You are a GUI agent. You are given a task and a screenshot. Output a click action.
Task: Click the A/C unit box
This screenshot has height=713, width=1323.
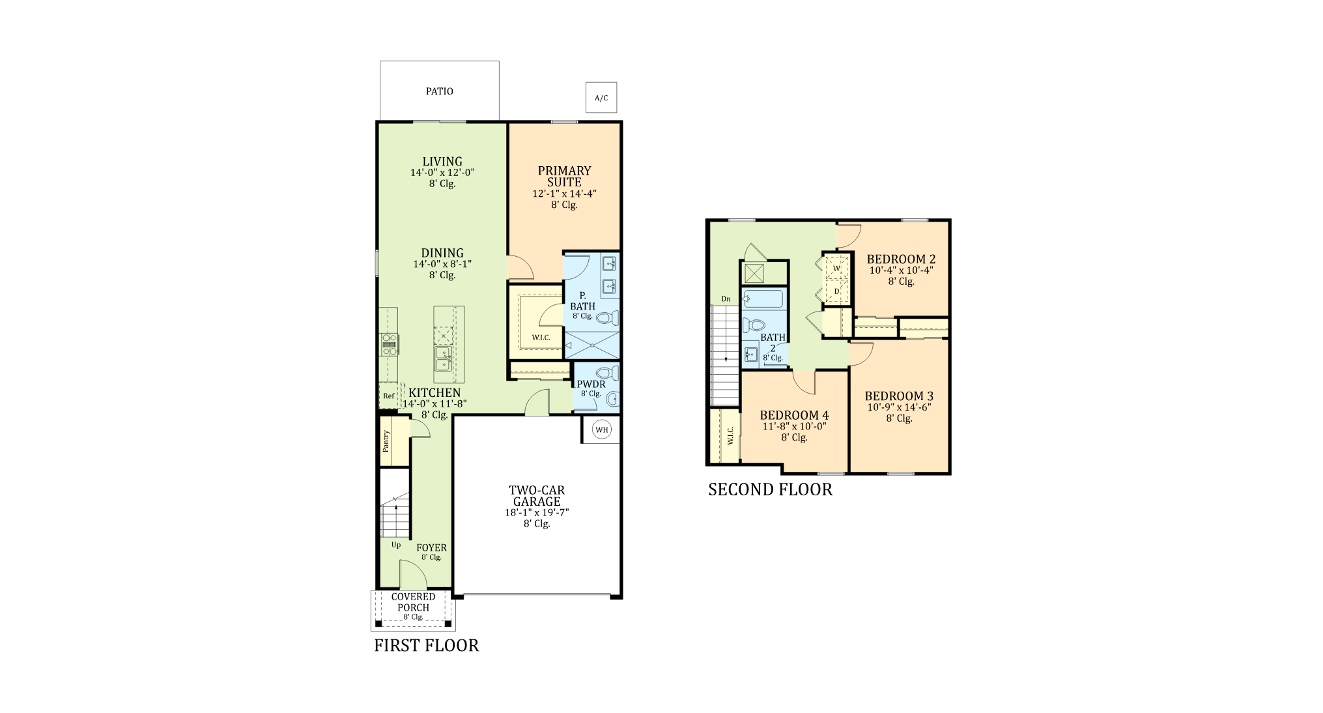coord(601,98)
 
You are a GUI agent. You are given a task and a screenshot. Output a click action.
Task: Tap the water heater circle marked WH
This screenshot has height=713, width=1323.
coord(601,429)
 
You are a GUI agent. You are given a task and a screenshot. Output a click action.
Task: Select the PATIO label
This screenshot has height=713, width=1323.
coord(440,91)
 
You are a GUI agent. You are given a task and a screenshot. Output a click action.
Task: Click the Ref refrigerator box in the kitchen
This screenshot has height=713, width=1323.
coord(389,396)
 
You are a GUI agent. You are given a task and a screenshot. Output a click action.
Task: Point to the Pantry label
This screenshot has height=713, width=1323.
coord(386,441)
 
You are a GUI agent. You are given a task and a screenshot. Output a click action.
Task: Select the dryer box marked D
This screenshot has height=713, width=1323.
coord(837,291)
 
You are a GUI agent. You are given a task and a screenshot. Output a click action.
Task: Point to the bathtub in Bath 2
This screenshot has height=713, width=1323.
coord(763,299)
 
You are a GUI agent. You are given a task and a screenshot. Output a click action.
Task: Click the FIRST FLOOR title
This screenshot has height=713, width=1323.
coord(426,646)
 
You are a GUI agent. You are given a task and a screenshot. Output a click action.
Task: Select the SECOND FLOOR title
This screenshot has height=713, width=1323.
coord(770,489)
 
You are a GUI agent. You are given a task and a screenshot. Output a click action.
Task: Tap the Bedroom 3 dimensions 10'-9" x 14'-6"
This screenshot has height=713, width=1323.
coord(899,407)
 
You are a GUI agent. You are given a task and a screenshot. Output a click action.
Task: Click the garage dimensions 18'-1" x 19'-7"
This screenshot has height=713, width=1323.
coord(537,513)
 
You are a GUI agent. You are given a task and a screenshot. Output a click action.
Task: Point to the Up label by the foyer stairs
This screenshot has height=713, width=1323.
coord(396,545)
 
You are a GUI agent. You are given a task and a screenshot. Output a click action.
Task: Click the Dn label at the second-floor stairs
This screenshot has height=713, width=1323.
coord(726,299)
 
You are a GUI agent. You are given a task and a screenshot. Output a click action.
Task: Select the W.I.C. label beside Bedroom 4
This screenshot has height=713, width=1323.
coord(730,436)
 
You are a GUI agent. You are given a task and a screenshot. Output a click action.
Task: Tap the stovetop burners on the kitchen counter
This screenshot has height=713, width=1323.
coord(389,343)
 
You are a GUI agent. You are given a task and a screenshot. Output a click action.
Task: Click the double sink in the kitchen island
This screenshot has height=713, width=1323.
coord(443,358)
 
